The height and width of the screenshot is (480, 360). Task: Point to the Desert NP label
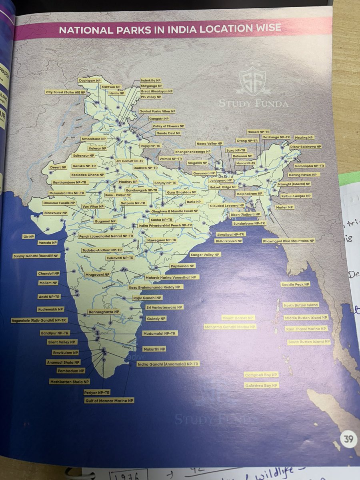click(57, 167)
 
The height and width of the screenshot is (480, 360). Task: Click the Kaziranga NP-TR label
click(276, 137)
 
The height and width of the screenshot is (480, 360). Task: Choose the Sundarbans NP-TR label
click(249, 223)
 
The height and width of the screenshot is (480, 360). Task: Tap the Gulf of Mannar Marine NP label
click(109, 400)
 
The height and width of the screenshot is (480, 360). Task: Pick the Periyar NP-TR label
click(97, 393)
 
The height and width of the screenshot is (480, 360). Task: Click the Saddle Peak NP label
click(295, 284)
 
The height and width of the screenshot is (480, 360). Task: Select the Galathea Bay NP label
click(262, 385)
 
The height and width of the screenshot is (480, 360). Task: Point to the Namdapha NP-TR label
click(310, 166)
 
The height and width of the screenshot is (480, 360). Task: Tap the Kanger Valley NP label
click(205, 254)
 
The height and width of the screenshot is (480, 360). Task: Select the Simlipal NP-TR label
click(231, 234)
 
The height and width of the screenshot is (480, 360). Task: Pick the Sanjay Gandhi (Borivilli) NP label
click(36, 256)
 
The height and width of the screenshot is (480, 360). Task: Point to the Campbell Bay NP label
click(261, 375)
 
